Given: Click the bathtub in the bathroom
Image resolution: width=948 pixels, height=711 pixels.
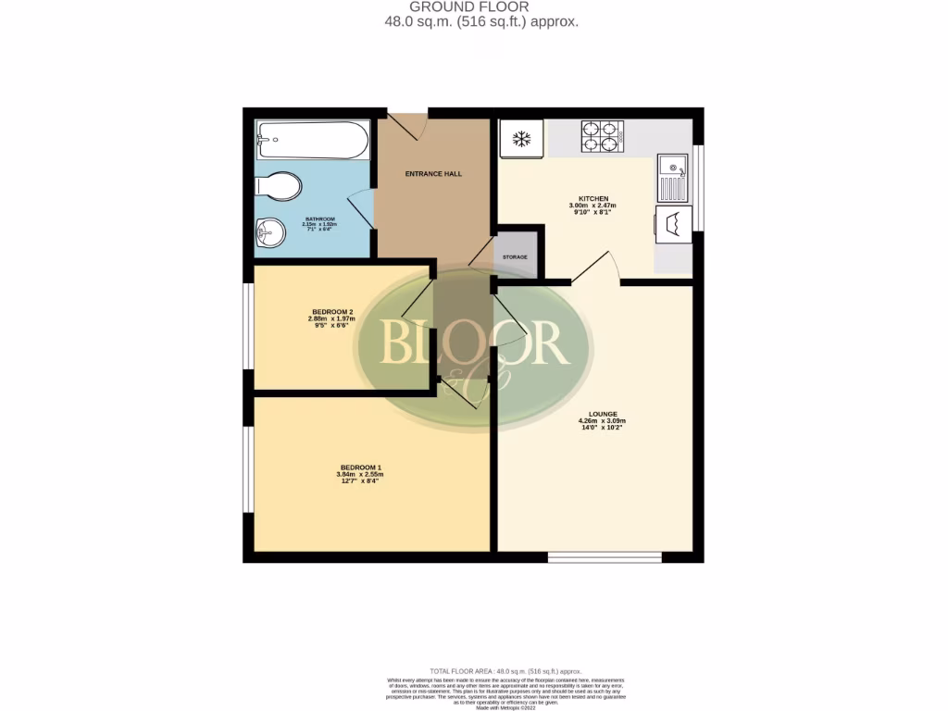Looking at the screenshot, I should point(300,141).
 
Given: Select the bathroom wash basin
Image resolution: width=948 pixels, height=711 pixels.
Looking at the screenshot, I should point(269,232).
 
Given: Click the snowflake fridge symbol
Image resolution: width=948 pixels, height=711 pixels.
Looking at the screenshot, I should point(521,140).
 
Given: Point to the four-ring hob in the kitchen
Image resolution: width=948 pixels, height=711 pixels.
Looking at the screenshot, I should point(600,137).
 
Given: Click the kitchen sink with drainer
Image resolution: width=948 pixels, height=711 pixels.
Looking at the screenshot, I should point(673,178).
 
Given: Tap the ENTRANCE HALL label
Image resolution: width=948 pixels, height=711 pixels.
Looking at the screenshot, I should point(433,174).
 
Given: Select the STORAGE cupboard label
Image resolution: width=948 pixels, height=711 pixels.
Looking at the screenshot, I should point(515,256).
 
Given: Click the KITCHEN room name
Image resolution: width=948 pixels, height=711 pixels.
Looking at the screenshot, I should point(593,199).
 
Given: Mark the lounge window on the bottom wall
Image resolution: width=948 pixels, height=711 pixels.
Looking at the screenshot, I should point(605,557).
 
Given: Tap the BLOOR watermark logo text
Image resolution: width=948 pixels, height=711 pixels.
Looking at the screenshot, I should point(473,343).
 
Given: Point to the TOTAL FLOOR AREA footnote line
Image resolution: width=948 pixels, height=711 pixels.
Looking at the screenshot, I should point(505,670).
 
